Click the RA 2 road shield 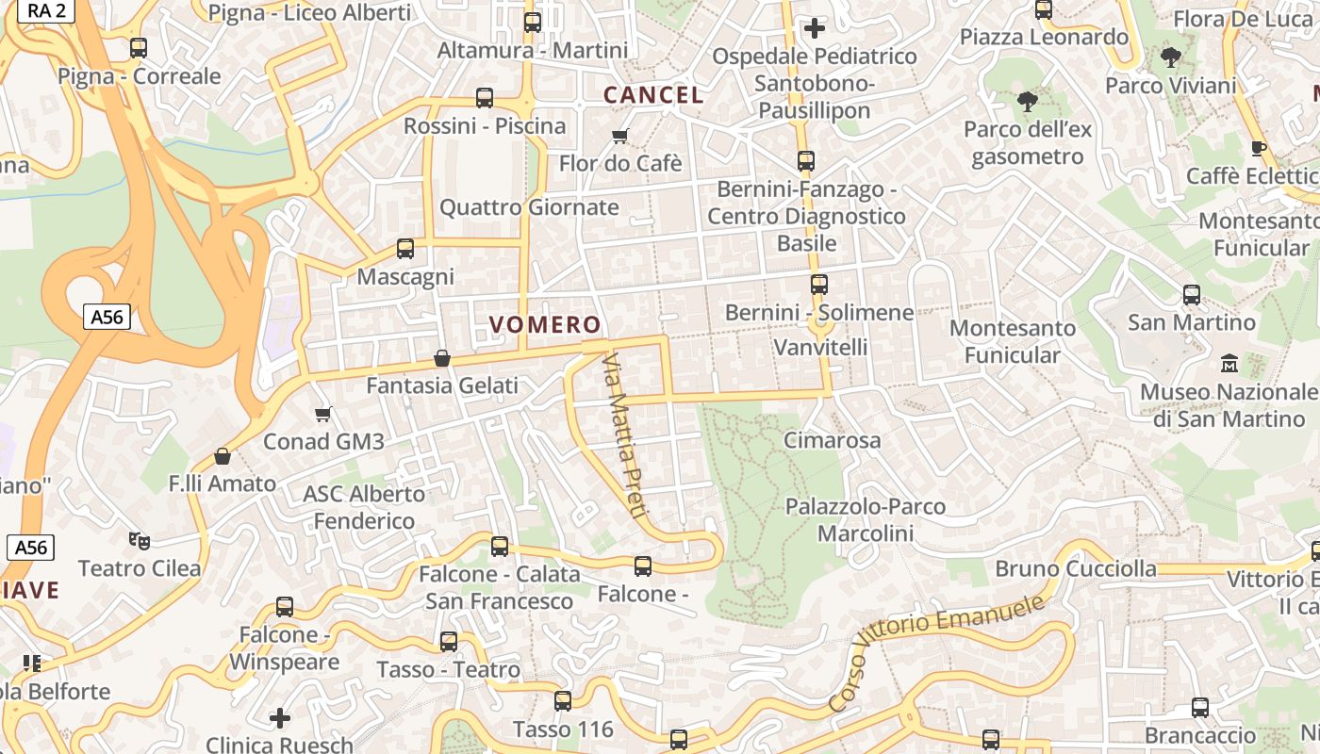click(x=46, y=10)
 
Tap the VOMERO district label click(x=545, y=325)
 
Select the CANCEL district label click(x=653, y=95)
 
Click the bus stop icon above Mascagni click(x=405, y=249)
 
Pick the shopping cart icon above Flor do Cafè click(x=620, y=137)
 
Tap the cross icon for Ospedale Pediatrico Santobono click(x=815, y=28)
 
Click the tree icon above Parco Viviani click(x=1170, y=57)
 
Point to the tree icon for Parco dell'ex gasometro click(x=1028, y=101)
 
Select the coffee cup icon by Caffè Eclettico click(x=1258, y=148)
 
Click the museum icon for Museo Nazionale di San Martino click(x=1229, y=363)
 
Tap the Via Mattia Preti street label click(x=624, y=435)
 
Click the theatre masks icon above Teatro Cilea click(x=140, y=540)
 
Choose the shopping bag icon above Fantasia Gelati click(x=441, y=358)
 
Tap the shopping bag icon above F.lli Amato click(x=223, y=456)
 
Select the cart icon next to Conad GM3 click(x=323, y=414)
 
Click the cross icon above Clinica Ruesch click(x=280, y=718)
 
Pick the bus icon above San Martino click(x=1192, y=295)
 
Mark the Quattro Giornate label click(x=529, y=207)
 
